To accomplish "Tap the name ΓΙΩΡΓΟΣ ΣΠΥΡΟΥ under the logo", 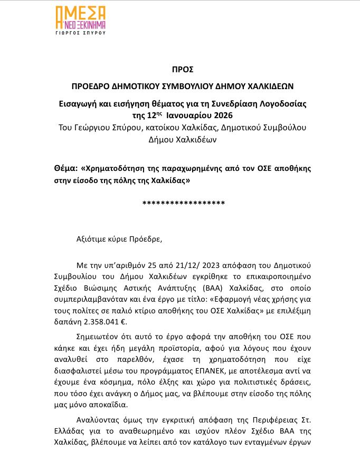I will (81, 32).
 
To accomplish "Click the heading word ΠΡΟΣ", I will (179, 69).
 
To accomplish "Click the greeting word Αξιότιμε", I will (92, 238).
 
